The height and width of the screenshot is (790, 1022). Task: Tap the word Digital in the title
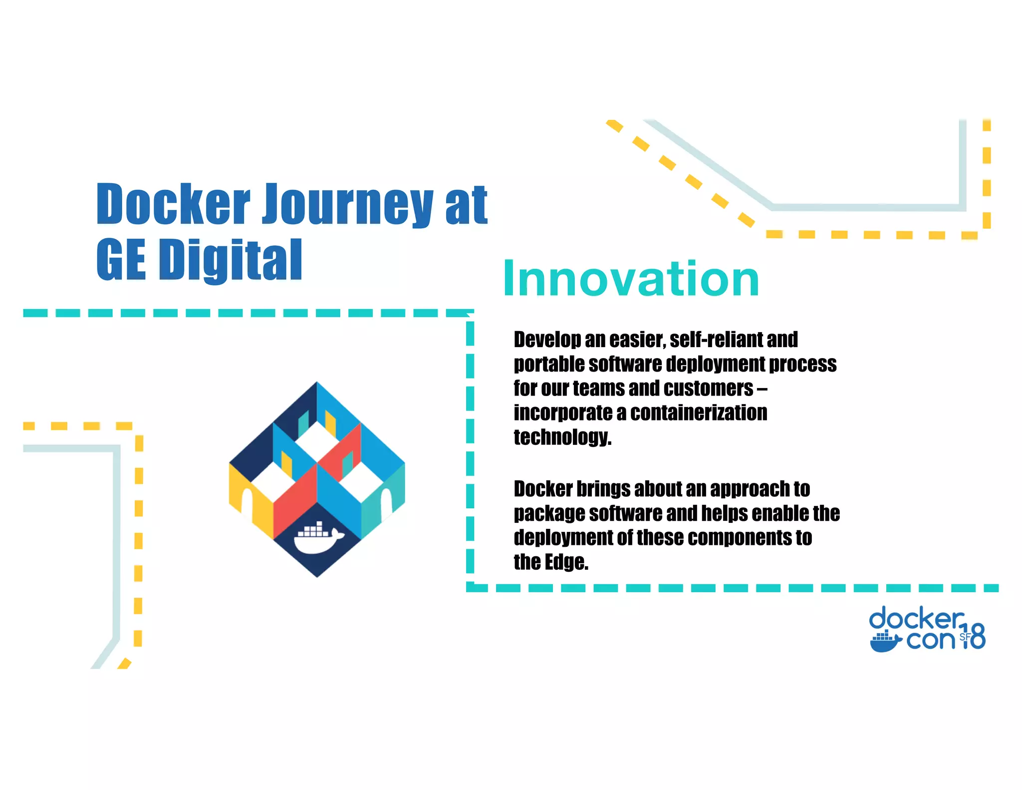pyautogui.click(x=233, y=260)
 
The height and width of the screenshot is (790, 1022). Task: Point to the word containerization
pyautogui.click(x=699, y=413)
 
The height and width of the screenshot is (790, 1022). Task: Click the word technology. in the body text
pyautogui.click(x=562, y=437)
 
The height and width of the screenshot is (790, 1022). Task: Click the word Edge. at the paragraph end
pyautogui.click(x=566, y=562)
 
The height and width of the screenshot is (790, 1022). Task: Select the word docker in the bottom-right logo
pyautogui.click(x=916, y=619)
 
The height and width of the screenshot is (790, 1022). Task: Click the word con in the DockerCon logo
pyautogui.click(x=930, y=640)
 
